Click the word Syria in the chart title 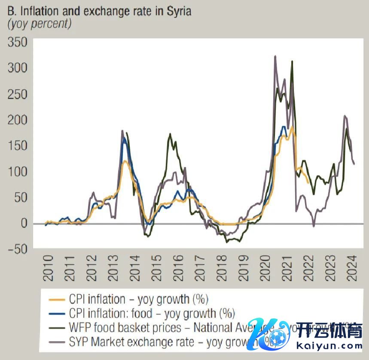177,11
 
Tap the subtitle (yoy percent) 39,24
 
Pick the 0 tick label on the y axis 23,224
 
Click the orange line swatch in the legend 57,299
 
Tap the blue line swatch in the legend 57,313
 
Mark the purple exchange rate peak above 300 275,56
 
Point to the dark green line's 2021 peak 292,62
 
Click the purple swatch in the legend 57,342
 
